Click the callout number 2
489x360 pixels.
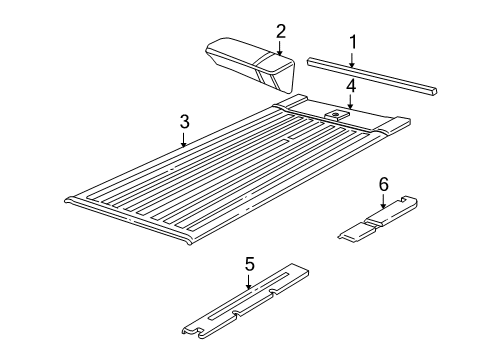[281, 31]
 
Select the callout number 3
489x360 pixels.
[184, 121]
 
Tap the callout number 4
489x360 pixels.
[351, 87]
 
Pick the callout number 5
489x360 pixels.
[250, 264]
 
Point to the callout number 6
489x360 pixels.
[382, 184]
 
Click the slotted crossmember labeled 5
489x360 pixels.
[245, 305]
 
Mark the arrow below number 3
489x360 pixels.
[184, 138]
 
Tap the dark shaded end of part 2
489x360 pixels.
[275, 72]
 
